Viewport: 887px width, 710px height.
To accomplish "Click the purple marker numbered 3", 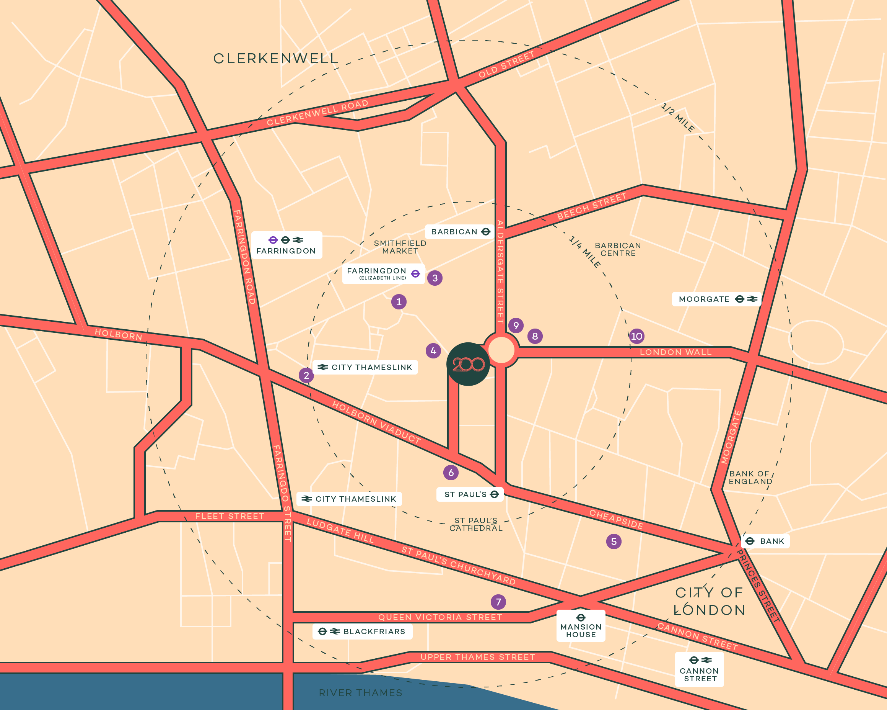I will [435, 278].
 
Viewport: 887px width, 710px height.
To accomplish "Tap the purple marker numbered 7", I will [498, 602].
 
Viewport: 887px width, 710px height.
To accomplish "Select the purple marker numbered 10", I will [636, 336].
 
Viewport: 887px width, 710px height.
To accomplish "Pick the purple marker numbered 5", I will [614, 541].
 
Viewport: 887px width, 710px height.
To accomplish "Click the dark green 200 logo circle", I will [468, 364].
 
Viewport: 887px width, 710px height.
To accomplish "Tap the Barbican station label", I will [460, 232].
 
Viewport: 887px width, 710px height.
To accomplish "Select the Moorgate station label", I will [716, 299].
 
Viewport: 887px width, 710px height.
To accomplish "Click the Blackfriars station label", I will [363, 631].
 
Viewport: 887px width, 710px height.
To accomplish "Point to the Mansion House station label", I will [581, 626].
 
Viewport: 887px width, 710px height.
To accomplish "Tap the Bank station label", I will [765, 541].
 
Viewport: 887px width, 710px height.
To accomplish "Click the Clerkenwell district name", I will [276, 59].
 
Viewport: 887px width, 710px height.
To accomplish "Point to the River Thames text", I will [360, 693].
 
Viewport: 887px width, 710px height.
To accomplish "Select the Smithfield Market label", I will [400, 247].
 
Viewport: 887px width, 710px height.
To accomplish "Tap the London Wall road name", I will [675, 352].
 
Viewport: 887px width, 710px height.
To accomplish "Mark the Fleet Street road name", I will [229, 516].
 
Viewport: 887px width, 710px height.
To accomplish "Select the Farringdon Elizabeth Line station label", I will [383, 273].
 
